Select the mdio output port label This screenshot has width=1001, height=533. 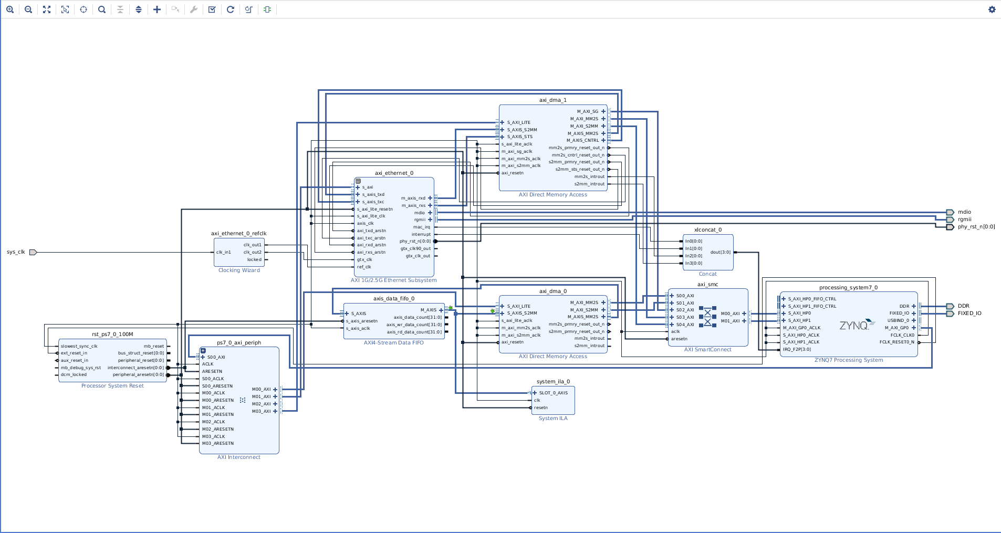pos(964,212)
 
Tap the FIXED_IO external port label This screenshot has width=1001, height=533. pos(969,313)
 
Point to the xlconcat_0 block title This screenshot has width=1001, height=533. pos(707,229)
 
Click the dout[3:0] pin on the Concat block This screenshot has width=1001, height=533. pos(720,252)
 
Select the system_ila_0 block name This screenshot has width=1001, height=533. pos(552,382)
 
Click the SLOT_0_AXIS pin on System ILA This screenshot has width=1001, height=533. pos(553,393)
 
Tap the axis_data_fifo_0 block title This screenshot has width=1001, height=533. pos(393,298)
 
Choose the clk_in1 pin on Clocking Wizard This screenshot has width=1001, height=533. pos(224,252)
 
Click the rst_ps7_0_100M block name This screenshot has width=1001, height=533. pos(112,334)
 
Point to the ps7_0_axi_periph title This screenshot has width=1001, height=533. pos(239,342)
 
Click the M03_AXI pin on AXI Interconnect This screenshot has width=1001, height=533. pos(261,411)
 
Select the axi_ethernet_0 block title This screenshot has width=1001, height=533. pos(394,173)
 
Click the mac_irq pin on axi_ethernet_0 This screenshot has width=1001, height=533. pos(421,227)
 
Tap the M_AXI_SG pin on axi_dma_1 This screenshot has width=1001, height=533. pos(587,111)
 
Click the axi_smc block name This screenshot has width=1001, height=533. pos(707,284)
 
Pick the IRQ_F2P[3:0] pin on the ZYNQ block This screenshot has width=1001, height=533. pos(797,349)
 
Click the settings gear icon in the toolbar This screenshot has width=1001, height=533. pos(992,9)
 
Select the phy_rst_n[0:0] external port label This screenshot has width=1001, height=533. pos(976,227)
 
